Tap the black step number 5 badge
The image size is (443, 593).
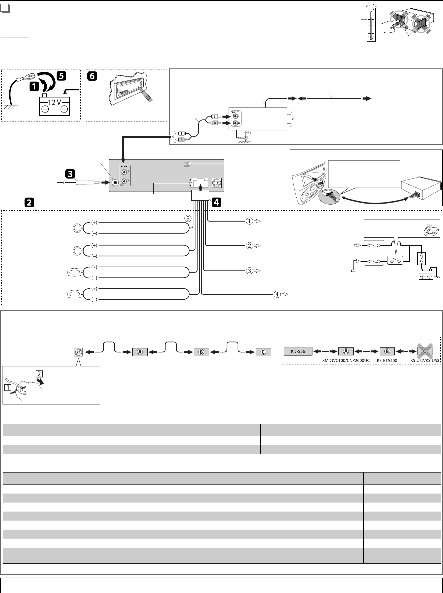62,76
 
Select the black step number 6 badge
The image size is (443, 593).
92,76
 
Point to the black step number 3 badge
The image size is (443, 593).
70,174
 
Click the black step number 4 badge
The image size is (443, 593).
216,202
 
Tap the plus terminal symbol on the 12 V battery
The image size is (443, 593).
64,109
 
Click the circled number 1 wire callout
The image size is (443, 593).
249,221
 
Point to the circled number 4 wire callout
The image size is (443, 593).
277,294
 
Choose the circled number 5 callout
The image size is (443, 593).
188,219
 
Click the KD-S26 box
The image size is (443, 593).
298,351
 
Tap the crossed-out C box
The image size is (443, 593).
425,351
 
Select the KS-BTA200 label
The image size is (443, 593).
387,361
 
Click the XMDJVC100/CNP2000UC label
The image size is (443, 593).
346,361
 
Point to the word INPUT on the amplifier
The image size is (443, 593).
235,112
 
